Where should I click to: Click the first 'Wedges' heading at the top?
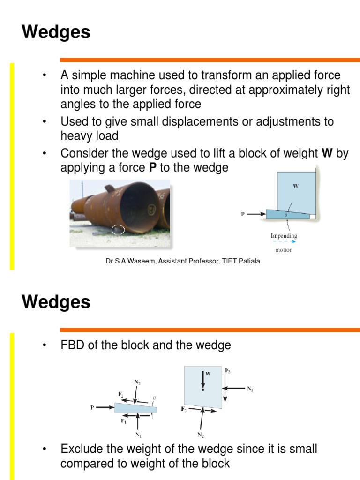pos(56,33)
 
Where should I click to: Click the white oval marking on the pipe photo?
pos(118,230)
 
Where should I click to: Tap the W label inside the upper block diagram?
pos(296,186)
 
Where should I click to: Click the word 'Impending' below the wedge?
pos(284,236)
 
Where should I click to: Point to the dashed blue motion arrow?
pos(284,242)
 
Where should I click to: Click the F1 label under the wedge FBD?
pos(124,421)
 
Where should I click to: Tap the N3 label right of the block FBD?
pos(249,389)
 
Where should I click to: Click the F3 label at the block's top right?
pos(227,371)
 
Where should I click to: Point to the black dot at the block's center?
pos(203,390)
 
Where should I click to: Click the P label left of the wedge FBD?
pos(92,407)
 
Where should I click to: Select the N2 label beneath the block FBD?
pos(201,435)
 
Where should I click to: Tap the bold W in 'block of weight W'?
pos(327,153)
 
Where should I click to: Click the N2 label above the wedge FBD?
pos(137,382)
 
